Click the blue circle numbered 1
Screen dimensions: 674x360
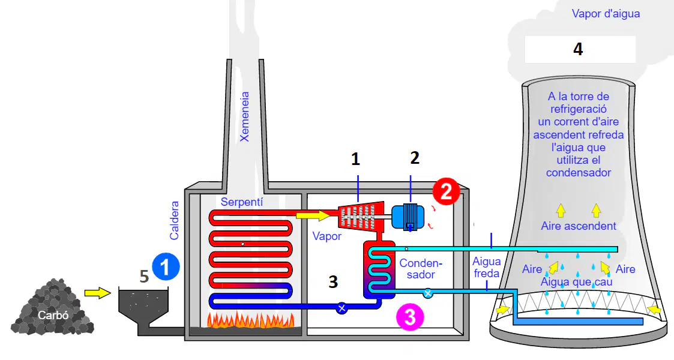(x=166, y=266)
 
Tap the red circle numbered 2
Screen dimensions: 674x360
(x=446, y=191)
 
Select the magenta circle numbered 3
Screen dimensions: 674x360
(x=410, y=317)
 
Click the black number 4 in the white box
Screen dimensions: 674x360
(x=578, y=49)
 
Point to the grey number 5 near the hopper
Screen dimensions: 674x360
(x=145, y=277)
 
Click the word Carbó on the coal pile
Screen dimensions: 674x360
(x=53, y=315)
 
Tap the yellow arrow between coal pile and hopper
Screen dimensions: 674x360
(x=98, y=293)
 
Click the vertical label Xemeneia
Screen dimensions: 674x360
(x=245, y=116)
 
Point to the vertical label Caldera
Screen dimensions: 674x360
(x=174, y=220)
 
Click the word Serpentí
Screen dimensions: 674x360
(x=242, y=202)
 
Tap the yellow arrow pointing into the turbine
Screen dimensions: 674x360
(x=313, y=214)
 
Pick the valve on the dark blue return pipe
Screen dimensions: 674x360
(x=342, y=308)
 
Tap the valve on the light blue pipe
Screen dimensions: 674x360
(x=428, y=293)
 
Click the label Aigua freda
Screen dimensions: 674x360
(x=487, y=267)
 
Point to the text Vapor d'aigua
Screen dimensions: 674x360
(x=606, y=14)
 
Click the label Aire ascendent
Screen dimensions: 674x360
(x=579, y=226)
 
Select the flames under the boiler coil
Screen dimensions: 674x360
(x=251, y=320)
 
